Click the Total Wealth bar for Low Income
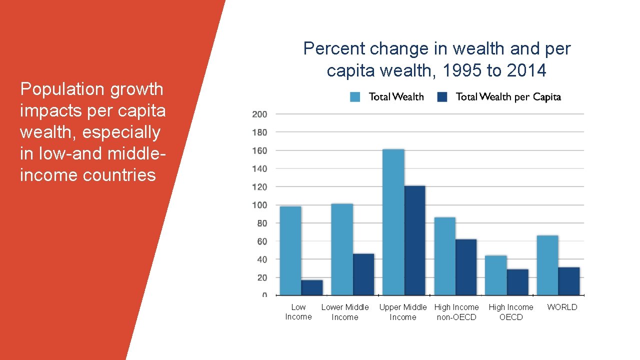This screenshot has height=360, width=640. (290, 250)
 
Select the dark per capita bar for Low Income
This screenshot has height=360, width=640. (311, 287)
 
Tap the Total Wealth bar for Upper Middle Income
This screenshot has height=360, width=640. (393, 222)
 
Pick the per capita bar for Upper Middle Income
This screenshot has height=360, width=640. (414, 240)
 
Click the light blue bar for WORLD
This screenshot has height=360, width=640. (547, 265)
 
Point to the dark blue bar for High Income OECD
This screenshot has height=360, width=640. (517, 282)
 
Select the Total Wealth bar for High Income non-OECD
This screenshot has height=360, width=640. (444, 256)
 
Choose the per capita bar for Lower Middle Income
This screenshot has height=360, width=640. (363, 274)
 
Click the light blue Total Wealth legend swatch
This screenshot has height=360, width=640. (355, 97)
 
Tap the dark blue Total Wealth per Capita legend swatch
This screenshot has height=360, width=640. (442, 97)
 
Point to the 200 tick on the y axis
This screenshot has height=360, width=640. (259, 114)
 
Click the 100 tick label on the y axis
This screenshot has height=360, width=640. (259, 205)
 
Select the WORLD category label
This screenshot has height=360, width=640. (562, 307)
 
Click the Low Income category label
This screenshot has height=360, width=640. (298, 312)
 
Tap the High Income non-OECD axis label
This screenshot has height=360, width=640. (456, 312)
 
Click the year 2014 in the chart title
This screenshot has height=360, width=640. (526, 71)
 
